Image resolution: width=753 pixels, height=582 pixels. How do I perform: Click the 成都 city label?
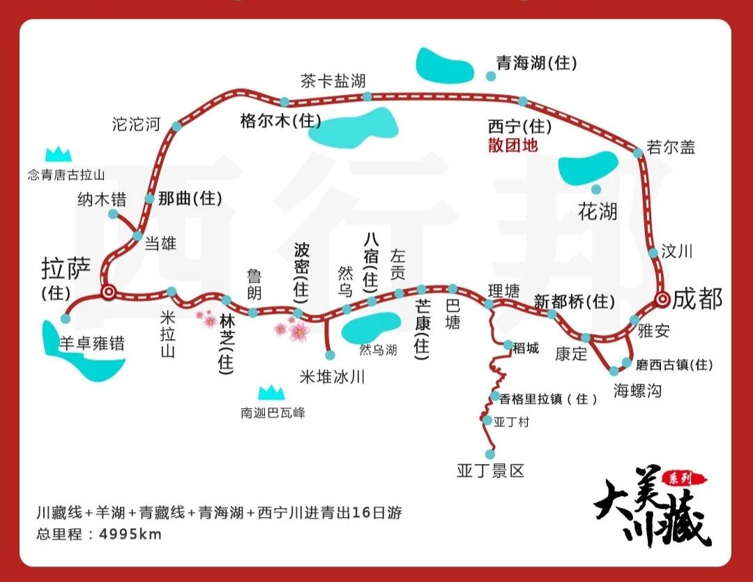click(699, 299)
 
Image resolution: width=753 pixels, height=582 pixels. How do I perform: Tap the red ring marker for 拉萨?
click(108, 292)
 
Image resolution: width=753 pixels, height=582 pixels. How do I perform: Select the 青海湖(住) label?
click(536, 63)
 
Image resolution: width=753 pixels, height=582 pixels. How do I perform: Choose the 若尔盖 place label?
click(671, 147)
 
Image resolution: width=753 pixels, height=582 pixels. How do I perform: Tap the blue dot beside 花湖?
click(596, 189)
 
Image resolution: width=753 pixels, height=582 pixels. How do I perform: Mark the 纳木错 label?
click(102, 200)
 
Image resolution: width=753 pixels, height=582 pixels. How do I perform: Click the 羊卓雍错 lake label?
click(91, 343)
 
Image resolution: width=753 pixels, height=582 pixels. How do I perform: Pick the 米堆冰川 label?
click(332, 377)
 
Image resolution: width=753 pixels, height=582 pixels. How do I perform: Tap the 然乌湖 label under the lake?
click(378, 350)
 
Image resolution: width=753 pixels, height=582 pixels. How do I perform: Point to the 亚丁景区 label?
click(490, 470)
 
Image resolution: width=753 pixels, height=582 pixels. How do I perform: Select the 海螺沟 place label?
click(637, 391)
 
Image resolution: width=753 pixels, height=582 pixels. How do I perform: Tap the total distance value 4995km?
click(130, 535)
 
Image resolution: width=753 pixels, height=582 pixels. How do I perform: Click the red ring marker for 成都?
click(662, 299)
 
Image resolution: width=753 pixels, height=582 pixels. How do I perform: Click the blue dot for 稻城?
click(508, 345)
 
